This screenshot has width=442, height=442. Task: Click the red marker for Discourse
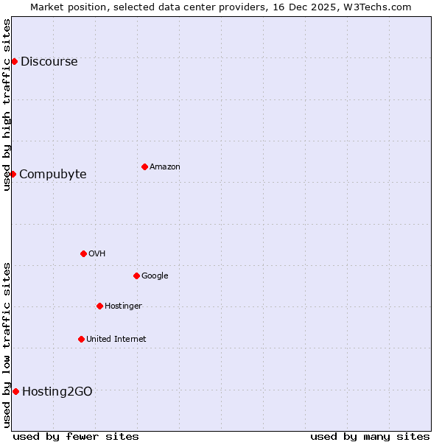[14, 61]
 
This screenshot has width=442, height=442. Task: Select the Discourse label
[49, 62]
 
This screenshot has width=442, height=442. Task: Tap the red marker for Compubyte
[13, 174]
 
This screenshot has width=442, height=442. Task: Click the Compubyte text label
[52, 175]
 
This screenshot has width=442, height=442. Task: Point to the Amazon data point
[144, 166]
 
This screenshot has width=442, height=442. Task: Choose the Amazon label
[164, 167]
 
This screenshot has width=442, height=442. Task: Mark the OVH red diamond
[83, 253]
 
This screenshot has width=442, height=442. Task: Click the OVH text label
[97, 254]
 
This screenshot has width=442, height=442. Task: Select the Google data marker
[136, 276]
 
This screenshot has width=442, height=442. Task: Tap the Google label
[155, 276]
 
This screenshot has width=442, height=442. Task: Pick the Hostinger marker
[99, 306]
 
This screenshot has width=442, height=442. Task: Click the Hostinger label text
[123, 306]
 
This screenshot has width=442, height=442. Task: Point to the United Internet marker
[81, 339]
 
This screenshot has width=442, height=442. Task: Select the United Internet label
[116, 340]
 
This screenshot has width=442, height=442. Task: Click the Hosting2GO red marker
[15, 391]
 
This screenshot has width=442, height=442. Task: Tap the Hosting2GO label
[57, 392]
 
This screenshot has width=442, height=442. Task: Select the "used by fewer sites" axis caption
[76, 436]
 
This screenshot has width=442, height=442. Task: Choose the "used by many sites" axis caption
[370, 436]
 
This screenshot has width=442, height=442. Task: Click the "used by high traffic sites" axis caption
[7, 105]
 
